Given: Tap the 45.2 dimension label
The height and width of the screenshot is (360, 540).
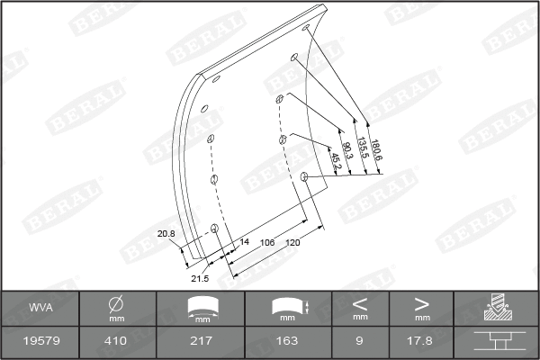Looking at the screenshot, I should (x=335, y=160).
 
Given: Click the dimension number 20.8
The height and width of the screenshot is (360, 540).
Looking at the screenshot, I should (x=166, y=234).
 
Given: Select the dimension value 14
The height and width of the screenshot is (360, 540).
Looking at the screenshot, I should (x=244, y=243).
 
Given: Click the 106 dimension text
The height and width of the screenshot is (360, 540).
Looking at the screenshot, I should (x=267, y=243).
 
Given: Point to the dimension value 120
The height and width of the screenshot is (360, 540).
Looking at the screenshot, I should (x=292, y=243).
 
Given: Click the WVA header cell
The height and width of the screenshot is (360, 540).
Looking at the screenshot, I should (x=40, y=309).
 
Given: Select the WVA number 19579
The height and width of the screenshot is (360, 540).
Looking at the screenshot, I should (x=40, y=341).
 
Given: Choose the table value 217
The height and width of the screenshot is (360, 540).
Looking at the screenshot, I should (x=202, y=341).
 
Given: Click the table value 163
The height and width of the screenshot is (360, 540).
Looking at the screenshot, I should (x=287, y=341).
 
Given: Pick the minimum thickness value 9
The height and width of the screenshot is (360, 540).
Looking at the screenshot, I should (x=360, y=341).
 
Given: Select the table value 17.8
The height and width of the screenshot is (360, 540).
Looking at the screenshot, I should (x=422, y=341).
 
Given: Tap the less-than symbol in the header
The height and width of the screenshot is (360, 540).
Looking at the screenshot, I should (x=360, y=303).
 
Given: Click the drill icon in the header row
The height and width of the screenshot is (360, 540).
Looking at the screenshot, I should (x=497, y=309).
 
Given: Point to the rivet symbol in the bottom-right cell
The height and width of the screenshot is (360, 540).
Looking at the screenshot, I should (x=497, y=341).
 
